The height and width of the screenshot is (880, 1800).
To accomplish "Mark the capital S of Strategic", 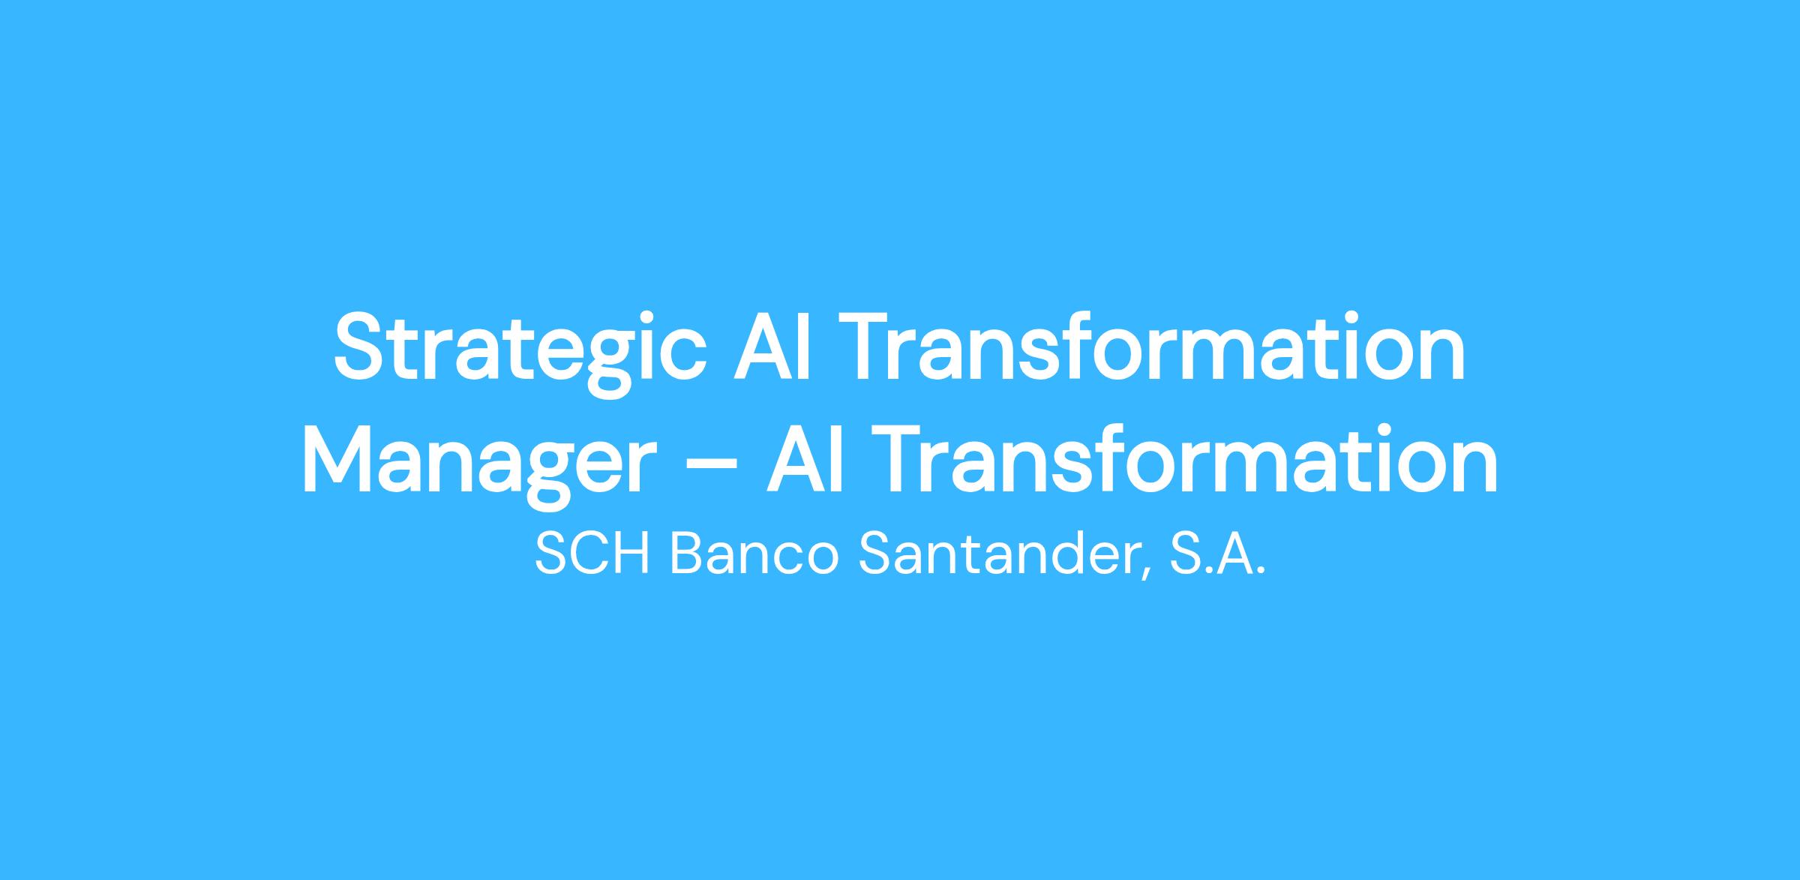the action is click(x=360, y=346).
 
